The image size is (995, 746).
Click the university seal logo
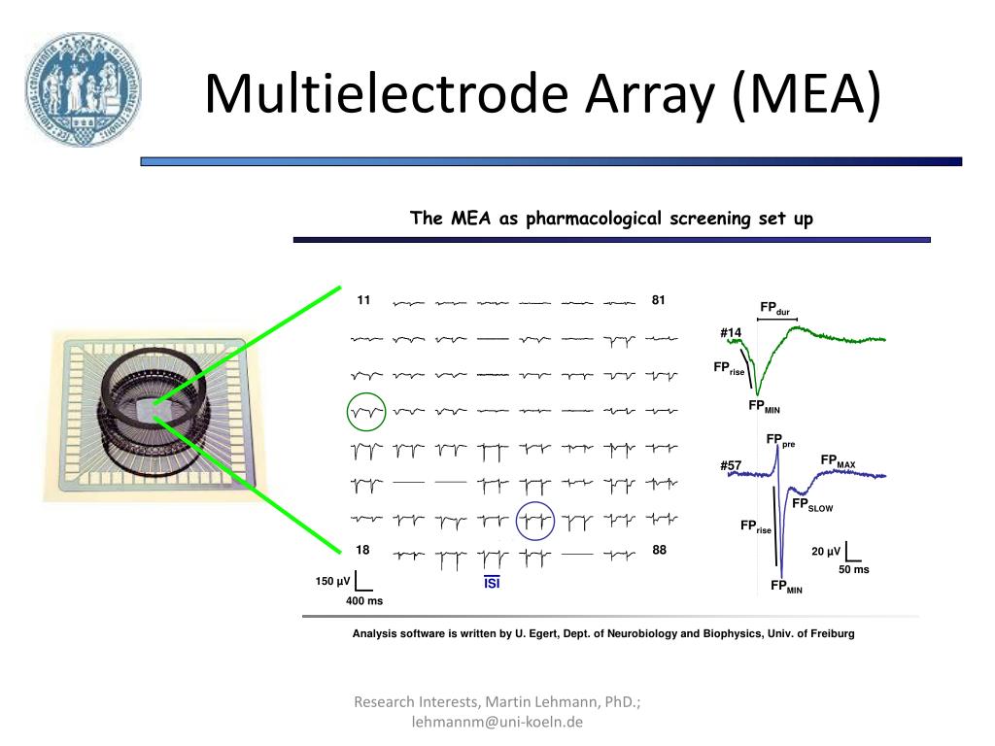point(84,86)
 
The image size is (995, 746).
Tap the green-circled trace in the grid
point(366,411)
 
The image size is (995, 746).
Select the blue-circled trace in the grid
point(534,521)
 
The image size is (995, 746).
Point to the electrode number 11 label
point(363,300)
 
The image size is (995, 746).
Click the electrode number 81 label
point(659,300)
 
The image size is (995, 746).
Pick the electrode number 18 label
point(362,550)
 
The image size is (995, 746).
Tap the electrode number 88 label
point(659,550)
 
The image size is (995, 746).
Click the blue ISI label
point(492,583)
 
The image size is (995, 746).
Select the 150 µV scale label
point(331,581)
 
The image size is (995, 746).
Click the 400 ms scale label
point(364,601)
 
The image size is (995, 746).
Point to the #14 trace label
point(731,333)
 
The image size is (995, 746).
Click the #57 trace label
point(731,466)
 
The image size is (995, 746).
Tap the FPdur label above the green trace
point(774,309)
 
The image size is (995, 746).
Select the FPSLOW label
point(811,505)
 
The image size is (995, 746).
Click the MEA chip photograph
point(154,413)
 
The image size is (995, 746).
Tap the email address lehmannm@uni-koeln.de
point(497,722)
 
